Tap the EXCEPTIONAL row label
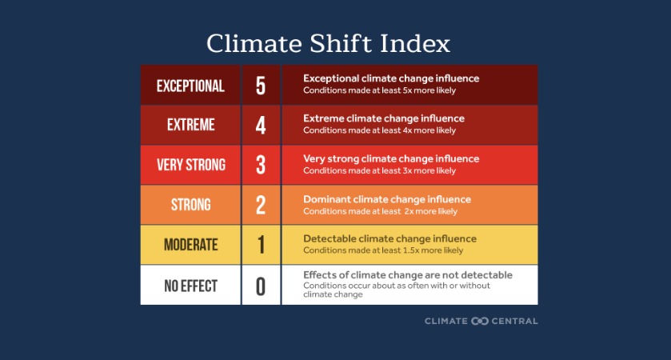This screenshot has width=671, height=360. click(190, 86)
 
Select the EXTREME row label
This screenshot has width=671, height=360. click(190, 126)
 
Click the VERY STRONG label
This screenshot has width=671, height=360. click(190, 166)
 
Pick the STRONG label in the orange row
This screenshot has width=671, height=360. click(190, 206)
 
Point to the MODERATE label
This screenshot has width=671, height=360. click(190, 245)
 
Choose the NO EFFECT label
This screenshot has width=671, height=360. click(190, 286)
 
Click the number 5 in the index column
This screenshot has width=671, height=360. click(261, 86)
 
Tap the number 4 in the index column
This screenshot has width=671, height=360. click(261, 126)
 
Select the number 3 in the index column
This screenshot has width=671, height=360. click(261, 166)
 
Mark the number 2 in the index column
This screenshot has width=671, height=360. click(261, 206)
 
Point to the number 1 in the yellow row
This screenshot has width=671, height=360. click(261, 245)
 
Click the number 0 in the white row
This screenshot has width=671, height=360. click(261, 286)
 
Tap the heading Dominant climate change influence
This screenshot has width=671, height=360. click(387, 199)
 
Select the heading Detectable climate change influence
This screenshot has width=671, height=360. click(389, 238)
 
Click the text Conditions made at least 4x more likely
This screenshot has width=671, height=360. click(379, 130)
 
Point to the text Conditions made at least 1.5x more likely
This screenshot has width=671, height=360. click(383, 250)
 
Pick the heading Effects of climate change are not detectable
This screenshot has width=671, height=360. click(408, 275)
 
